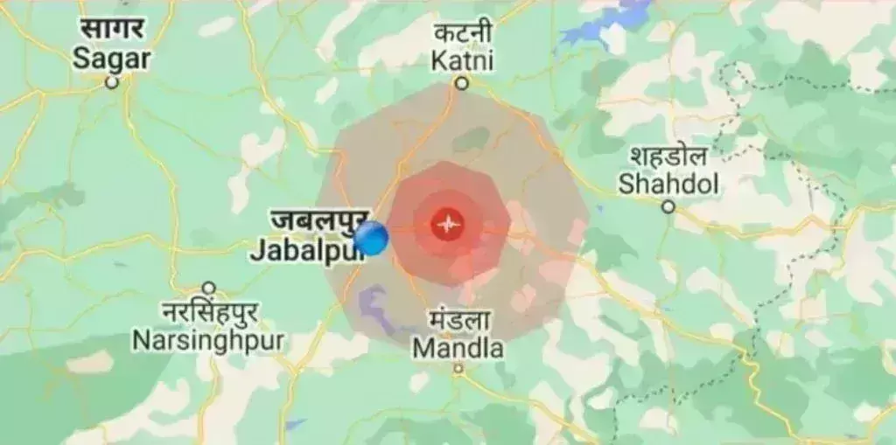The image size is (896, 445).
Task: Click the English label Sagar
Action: [111, 59]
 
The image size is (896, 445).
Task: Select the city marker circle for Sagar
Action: [112, 83]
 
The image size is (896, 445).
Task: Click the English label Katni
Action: [463, 60]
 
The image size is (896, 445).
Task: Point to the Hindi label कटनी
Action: [463, 34]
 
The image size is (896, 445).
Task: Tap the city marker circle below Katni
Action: [462, 84]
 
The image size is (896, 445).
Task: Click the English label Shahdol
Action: [668, 184]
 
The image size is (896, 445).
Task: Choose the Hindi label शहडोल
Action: [669, 156]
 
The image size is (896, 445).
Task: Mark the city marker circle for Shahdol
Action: [668, 207]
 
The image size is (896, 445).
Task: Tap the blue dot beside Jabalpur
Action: [373, 239]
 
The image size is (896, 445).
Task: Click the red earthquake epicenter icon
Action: [448, 226]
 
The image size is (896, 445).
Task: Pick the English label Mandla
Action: [458, 348]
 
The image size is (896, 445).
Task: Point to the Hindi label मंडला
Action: [459, 320]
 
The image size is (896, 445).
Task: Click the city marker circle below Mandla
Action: [458, 370]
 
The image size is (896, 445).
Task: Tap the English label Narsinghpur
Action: [209, 339]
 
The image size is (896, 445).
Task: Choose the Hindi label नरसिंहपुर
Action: [209, 312]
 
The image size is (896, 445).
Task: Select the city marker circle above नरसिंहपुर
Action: [209, 289]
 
